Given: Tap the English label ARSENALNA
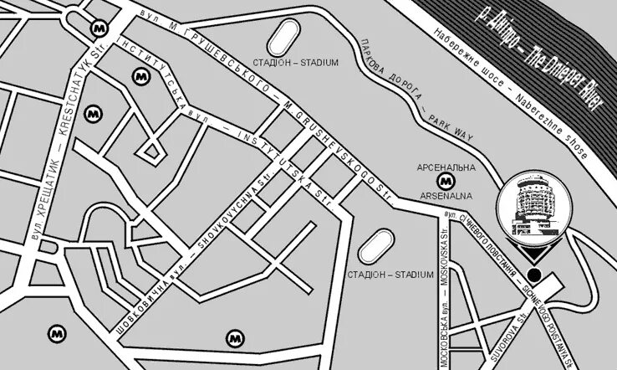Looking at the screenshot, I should tap(446, 196).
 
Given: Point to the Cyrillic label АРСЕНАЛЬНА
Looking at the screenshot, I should tap(446, 167).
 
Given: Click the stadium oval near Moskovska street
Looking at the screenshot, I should tap(376, 246).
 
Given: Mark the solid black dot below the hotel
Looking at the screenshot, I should tap(533, 275).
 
